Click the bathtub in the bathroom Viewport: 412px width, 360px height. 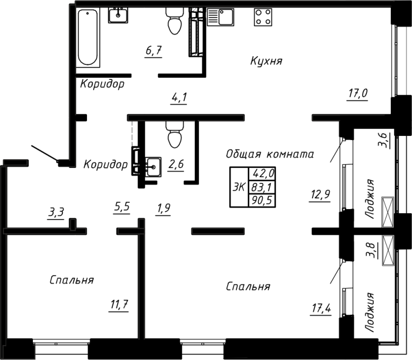click(88, 37)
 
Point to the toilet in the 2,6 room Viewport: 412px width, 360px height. click(174, 135)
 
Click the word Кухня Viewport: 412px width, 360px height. click(266, 61)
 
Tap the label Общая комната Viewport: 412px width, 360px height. click(269, 153)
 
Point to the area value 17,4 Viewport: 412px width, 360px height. click(320, 308)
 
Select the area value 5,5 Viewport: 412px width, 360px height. click(122, 208)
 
